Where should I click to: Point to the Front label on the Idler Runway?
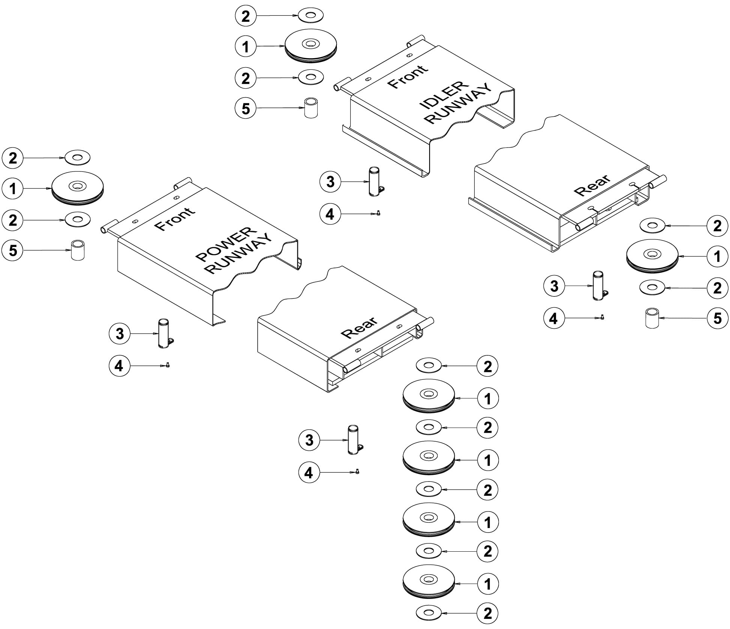pos(408,76)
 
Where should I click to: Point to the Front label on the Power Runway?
pos(175,218)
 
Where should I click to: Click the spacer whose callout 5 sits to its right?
pos(652,318)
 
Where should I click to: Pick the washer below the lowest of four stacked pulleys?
pos(429,613)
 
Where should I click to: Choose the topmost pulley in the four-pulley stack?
pos(428,396)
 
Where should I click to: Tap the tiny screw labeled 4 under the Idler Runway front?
pos(378,213)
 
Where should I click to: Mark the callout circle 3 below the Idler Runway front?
pos(330,182)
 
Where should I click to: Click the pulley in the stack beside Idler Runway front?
pos(311,46)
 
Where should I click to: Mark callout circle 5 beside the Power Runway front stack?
pos(13,250)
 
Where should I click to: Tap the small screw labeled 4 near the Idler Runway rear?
pos(602,317)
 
